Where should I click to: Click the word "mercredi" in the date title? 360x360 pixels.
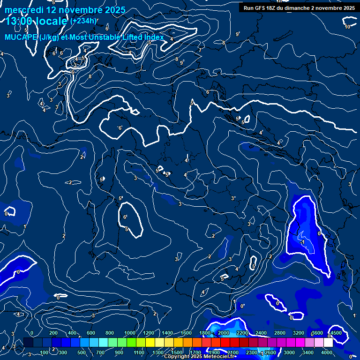click(x=24, y=10)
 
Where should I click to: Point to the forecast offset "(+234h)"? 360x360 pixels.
click(x=84, y=21)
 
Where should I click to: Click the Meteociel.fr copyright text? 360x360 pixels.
click(x=201, y=357)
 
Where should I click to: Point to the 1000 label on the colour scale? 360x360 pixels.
click(x=129, y=333)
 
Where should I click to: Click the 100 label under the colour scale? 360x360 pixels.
click(x=45, y=352)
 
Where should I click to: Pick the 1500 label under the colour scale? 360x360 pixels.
click(x=177, y=352)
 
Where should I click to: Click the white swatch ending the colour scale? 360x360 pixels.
click(x=329, y=343)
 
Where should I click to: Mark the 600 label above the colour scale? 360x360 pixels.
click(x=91, y=333)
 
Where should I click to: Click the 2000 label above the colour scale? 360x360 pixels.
click(x=224, y=333)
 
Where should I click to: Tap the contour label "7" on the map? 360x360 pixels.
click(x=200, y=50)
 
